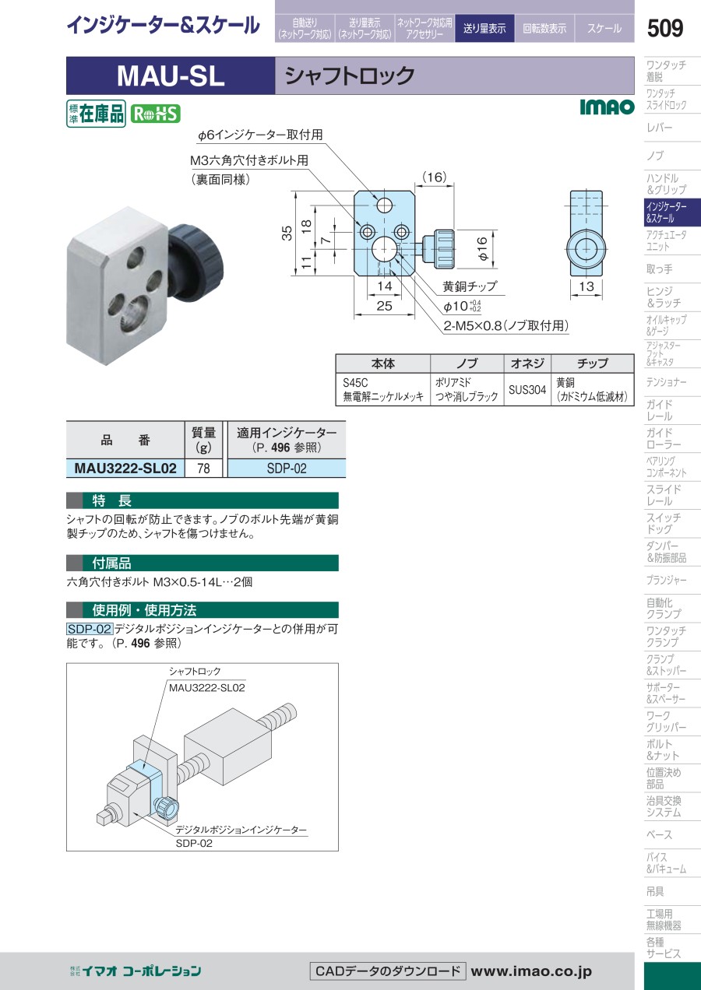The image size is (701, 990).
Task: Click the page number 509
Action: (664, 28)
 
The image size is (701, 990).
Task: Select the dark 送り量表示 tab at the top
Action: (484, 28)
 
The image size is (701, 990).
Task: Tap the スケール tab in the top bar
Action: (604, 28)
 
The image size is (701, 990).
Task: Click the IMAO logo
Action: (607, 107)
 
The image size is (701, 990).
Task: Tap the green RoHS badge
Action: (156, 114)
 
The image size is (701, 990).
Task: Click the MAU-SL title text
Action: (171, 76)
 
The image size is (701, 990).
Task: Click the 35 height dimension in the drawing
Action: (287, 233)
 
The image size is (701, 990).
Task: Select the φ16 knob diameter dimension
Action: (481, 248)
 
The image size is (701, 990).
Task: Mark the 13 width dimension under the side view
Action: (587, 286)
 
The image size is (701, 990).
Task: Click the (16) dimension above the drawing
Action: (435, 177)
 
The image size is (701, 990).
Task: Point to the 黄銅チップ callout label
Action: (470, 286)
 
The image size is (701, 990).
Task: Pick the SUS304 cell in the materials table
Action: (527, 389)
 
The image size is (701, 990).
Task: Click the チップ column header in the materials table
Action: (593, 363)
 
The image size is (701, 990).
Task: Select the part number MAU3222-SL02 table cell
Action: (125, 468)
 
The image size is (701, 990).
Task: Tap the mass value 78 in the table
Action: (203, 468)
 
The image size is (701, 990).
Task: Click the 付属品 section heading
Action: (111, 563)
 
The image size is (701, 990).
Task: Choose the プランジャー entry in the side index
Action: (666, 580)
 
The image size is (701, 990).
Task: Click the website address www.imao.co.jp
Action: (530, 971)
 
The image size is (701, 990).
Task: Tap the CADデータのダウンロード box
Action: (388, 971)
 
